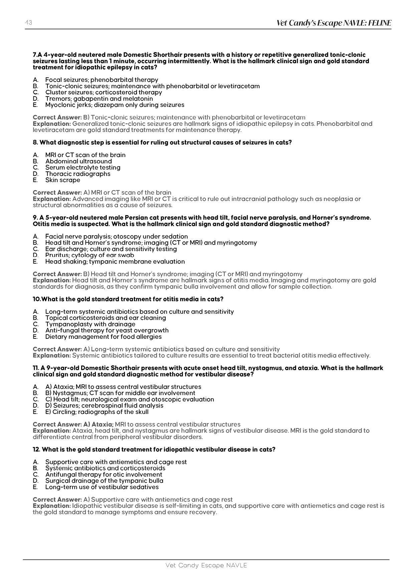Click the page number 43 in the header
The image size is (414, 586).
28,23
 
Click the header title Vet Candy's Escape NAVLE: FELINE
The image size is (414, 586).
334,23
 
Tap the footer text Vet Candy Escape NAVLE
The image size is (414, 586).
206,565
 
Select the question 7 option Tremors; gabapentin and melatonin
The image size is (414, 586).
99,99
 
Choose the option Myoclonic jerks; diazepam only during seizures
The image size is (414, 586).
115,105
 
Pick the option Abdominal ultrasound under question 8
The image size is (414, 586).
78,161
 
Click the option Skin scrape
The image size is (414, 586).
63,180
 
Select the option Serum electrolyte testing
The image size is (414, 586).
83,167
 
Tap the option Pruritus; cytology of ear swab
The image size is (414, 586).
89,255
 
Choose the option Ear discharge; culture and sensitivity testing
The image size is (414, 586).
111,249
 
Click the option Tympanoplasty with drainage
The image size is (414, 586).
90,324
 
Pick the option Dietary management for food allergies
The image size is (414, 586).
103,337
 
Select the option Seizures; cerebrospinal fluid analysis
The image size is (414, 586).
104,406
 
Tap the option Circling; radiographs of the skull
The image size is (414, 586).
97,412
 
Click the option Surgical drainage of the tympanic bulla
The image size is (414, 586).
104,481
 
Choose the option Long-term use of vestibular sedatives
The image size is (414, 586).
102,487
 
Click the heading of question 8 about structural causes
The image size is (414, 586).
162,142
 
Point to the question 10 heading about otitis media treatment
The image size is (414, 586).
128,299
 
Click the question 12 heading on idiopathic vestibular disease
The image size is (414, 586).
154,449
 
